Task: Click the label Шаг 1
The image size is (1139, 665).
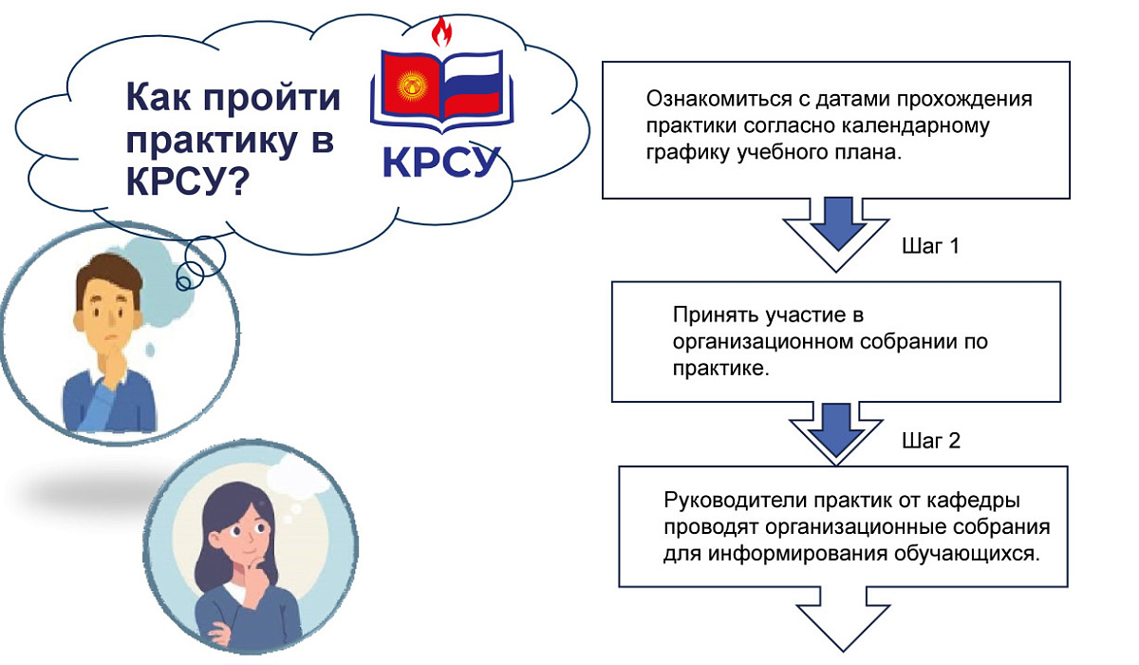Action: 930,247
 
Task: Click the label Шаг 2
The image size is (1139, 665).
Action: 930,441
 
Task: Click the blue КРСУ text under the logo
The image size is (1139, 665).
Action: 440,161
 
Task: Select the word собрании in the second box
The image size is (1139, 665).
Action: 914,342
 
